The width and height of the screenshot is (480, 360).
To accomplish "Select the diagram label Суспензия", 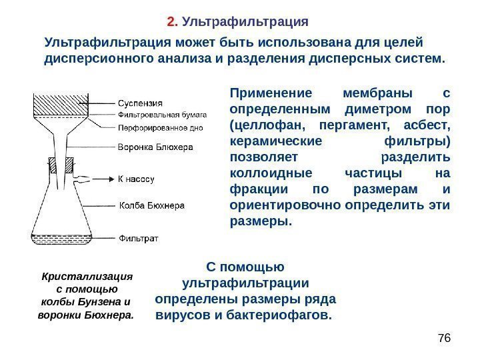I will pyautogui.click(x=141, y=103).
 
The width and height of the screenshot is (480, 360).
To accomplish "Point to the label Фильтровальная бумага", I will pyautogui.click(x=163, y=115).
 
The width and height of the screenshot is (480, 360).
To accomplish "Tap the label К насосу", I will pyautogui.click(x=136, y=179).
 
